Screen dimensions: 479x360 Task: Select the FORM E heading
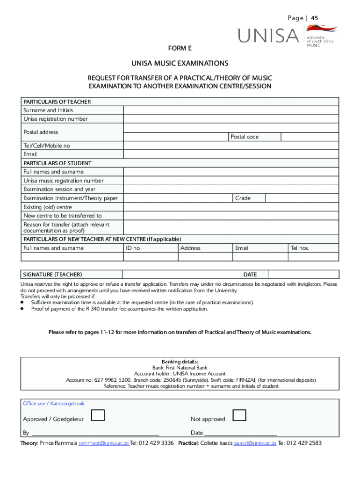pyautogui.click(x=180, y=48)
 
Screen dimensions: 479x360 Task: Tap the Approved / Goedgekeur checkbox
pyautogui.click(x=98, y=415)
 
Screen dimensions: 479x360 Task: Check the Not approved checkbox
pyautogui.click(x=239, y=415)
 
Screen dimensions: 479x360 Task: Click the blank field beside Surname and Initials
pyautogui.click(x=231, y=110)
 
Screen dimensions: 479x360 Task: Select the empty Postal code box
pyautogui.click(x=310, y=137)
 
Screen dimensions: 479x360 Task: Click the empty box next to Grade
pyautogui.click(x=302, y=198)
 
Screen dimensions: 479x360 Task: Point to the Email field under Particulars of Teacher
pyautogui.click(x=231, y=154)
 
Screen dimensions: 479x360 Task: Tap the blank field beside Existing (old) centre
pyautogui.click(x=231, y=207)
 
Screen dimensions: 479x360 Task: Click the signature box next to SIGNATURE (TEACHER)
pyautogui.click(x=181, y=275)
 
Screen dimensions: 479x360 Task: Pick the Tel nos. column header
pyautogui.click(x=300, y=248)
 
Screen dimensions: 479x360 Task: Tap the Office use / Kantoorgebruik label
pyautogui.click(x=54, y=404)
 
